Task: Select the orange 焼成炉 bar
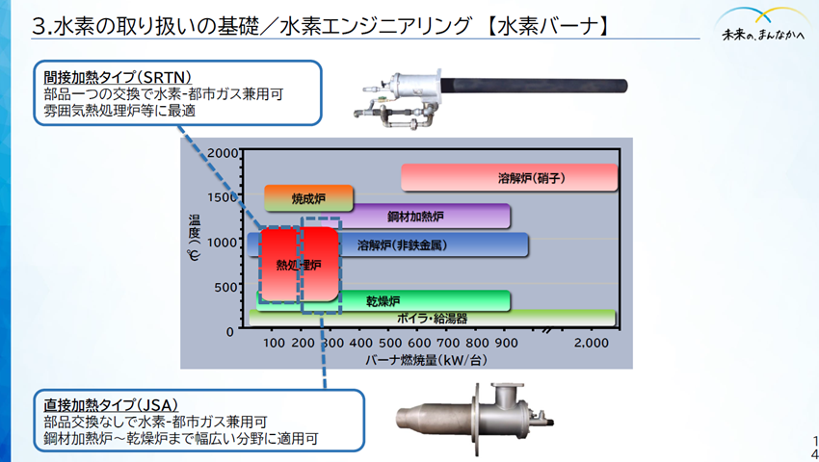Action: [308, 198]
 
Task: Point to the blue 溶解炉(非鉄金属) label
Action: [402, 245]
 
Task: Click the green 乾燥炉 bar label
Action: [383, 301]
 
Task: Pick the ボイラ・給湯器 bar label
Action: [433, 318]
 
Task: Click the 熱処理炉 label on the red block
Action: [298, 264]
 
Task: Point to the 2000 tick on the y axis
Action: [221, 153]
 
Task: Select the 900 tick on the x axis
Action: [507, 343]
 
